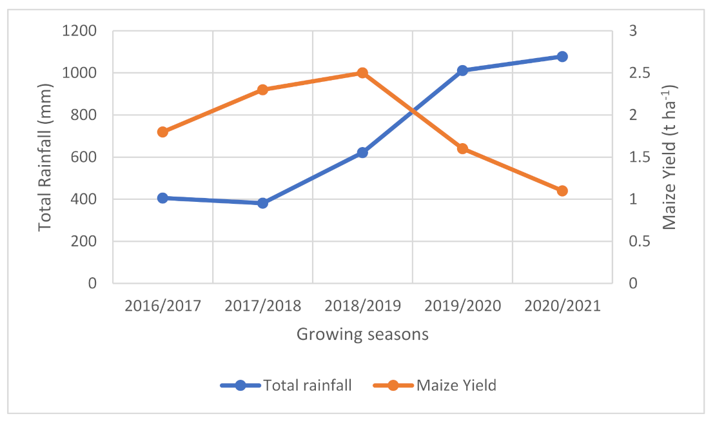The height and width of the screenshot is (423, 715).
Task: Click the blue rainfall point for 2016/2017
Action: point(162,198)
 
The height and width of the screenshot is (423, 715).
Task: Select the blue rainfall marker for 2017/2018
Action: point(262,203)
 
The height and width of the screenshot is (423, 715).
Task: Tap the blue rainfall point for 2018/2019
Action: point(362,153)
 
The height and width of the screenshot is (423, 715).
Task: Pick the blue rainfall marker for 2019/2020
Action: point(462,70)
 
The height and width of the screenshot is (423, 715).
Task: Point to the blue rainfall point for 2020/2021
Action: point(562,57)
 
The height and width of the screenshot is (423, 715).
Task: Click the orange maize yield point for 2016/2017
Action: point(162,132)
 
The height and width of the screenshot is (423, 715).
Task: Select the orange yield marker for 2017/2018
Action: point(262,90)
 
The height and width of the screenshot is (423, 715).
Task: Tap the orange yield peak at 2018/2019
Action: point(362,73)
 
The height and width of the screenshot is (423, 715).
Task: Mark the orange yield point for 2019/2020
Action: point(462,148)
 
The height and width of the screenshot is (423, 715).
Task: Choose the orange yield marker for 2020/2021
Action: point(562,191)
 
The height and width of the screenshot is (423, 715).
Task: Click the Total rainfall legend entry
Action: point(286,386)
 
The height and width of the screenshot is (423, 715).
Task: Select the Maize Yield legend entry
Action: point(435,386)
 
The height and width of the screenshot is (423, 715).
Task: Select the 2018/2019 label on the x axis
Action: point(362,306)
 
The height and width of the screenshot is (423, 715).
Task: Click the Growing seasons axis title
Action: point(362,335)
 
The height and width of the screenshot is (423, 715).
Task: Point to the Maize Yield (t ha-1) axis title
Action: point(671,157)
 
